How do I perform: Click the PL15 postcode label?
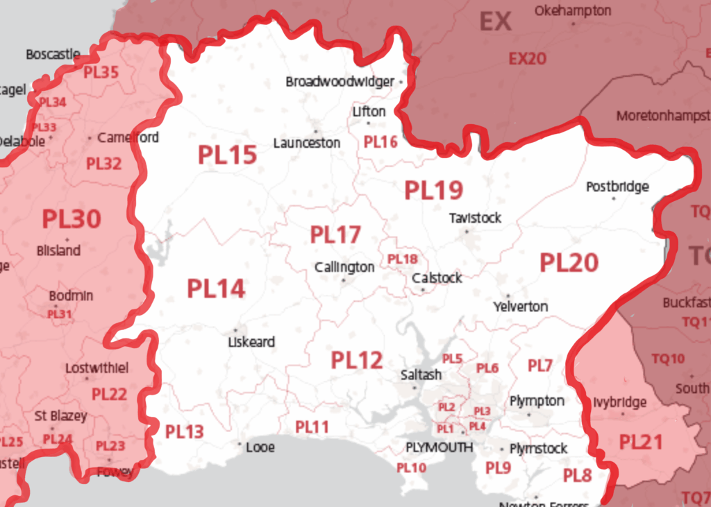227,155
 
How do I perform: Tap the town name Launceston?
307,143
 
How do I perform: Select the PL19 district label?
433,190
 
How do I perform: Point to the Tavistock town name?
475,218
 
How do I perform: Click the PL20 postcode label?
569,263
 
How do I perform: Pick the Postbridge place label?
617,187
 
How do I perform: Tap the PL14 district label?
216,289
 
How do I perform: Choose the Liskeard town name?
251,342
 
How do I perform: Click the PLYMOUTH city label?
439,447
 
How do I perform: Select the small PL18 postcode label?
403,259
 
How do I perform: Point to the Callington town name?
344,267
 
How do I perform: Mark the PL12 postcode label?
356,360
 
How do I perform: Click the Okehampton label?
573,11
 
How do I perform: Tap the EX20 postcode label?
527,59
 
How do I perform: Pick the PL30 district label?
72,219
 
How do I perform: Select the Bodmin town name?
71,296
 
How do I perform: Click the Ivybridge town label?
620,402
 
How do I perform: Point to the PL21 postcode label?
641,442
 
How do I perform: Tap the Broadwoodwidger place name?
340,82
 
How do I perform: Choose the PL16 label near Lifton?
380,142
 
